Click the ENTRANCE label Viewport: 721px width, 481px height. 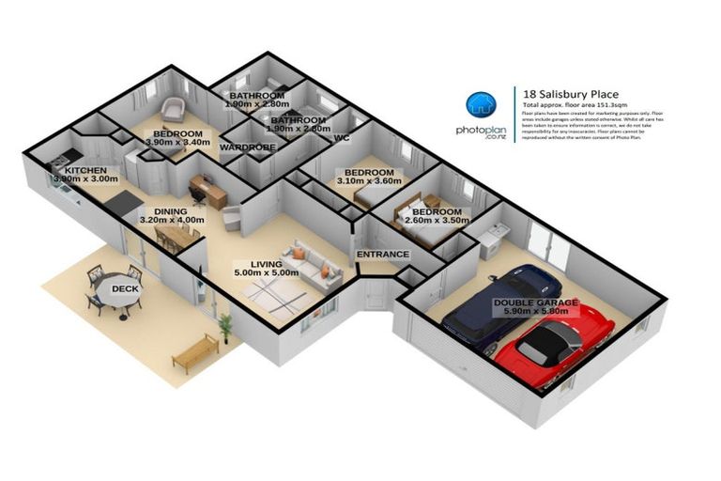[x=382, y=255]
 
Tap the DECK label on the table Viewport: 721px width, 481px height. [x=125, y=289]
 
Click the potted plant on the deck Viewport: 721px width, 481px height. [x=225, y=326]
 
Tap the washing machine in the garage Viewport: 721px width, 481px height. [x=492, y=241]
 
